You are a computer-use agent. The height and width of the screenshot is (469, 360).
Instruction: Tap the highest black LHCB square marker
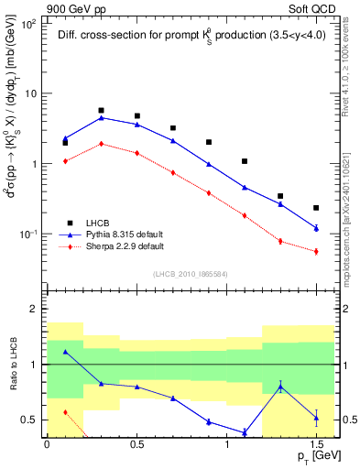(101, 110)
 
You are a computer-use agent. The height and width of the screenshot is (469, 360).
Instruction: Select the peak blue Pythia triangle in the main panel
(101, 117)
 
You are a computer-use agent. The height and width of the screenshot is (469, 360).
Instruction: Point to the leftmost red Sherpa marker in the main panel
(65, 161)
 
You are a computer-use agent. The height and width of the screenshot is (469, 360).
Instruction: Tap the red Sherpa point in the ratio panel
(65, 412)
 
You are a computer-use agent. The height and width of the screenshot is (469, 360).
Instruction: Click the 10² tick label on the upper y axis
(29, 24)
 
